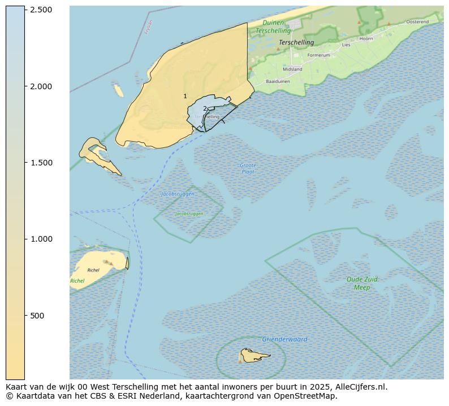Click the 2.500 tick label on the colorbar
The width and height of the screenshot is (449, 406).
pyautogui.click(x=41, y=10)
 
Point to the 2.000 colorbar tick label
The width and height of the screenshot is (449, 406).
pyautogui.click(x=41, y=86)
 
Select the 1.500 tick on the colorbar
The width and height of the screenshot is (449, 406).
pyautogui.click(x=41, y=163)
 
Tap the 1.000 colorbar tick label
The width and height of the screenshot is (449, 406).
pyautogui.click(x=41, y=239)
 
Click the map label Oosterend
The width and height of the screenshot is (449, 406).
pyautogui.click(x=417, y=21)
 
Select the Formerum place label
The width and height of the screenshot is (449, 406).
pyautogui.click(x=318, y=55)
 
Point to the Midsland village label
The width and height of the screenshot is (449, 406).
pyautogui.click(x=292, y=69)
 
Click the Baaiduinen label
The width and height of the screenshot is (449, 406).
pyautogui.click(x=278, y=82)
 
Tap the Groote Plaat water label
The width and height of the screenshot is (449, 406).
pyautogui.click(x=248, y=168)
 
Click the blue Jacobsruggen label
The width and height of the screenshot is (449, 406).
pyautogui.click(x=178, y=194)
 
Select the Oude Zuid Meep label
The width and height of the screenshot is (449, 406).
pyautogui.click(x=362, y=283)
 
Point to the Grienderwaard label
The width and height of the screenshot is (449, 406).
pyautogui.click(x=284, y=339)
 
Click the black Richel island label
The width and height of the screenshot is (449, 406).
pyautogui.click(x=93, y=270)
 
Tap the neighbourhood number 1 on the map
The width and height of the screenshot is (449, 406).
pyautogui.click(x=185, y=97)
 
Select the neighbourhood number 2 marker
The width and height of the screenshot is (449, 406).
pyautogui.click(x=205, y=108)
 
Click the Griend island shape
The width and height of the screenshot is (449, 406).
pyautogui.click(x=253, y=355)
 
